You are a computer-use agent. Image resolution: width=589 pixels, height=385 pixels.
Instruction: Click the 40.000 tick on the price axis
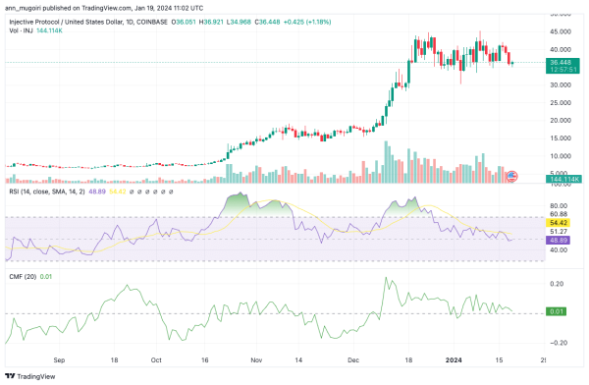click(x=561, y=49)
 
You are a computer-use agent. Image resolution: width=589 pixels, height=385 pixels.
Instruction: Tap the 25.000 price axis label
click(x=561, y=102)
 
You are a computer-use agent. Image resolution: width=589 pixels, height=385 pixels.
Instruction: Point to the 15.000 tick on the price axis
click(x=561, y=137)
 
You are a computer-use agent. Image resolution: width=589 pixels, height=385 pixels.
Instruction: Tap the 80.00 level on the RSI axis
click(x=560, y=204)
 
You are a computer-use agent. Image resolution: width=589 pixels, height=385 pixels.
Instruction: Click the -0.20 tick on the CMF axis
click(x=559, y=342)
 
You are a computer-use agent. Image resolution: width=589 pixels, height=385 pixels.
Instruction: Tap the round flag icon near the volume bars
click(x=510, y=176)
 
